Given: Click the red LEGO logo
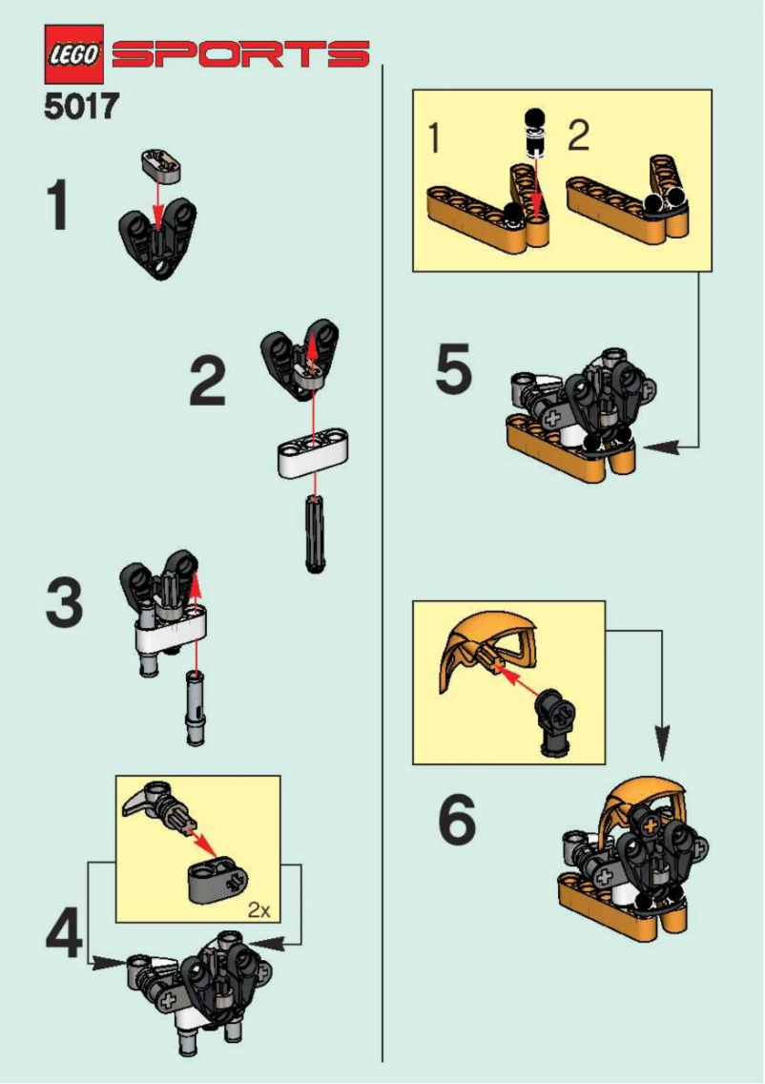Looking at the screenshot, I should coord(73,54).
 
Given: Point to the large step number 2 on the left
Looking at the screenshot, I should coord(208,382).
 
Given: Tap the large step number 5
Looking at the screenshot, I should coord(453,372).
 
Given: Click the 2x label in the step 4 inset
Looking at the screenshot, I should coord(258,909).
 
